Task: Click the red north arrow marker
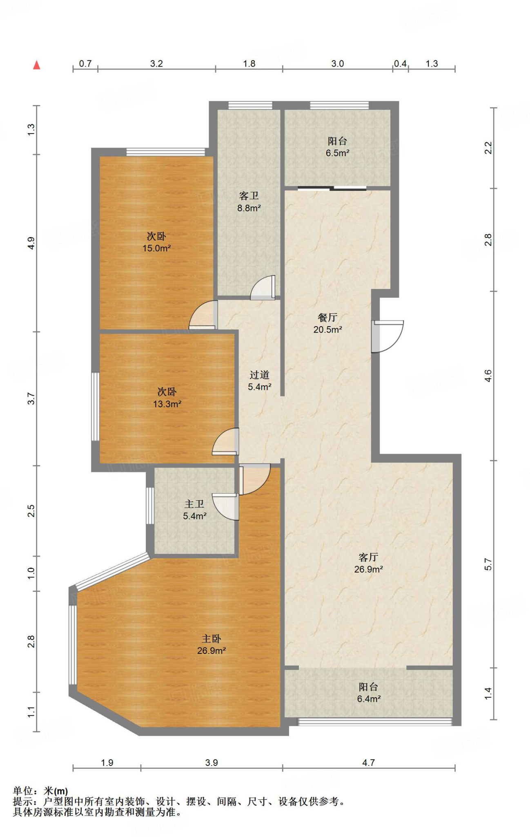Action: pos(37,65)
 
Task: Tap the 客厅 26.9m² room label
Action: pos(368,563)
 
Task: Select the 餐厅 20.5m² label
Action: pos(327,323)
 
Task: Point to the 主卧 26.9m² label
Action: pos(212,645)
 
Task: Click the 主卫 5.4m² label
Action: pos(194,510)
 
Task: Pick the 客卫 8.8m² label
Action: pos(249,202)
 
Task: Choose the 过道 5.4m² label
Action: pos(260,380)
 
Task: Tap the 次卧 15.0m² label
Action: pos(156,242)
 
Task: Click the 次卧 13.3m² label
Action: pos(167,398)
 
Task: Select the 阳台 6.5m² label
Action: pos(337,147)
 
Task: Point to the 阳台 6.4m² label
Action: pos(369,693)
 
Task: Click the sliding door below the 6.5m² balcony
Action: pos(332,188)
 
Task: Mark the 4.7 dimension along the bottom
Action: pos(368,763)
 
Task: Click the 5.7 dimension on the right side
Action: pos(488,564)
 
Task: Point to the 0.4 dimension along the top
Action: pos(400,64)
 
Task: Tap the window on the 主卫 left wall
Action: pos(150,506)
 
